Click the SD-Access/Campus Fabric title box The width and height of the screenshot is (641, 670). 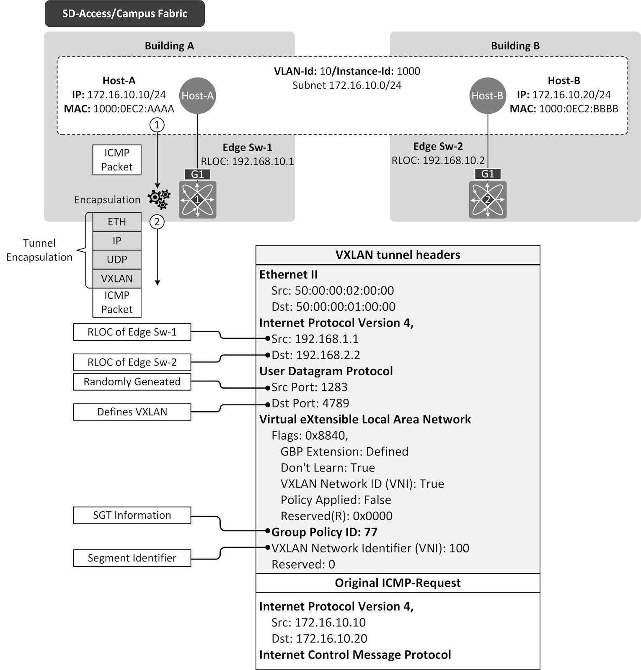tap(124, 14)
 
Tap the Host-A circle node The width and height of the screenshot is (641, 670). tap(197, 95)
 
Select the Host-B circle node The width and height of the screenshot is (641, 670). tap(487, 95)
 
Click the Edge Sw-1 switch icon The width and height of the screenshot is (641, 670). tap(197, 199)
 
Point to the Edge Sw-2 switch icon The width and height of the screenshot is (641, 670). tap(488, 199)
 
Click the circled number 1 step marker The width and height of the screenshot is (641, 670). tap(157, 124)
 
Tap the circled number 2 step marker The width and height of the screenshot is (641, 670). tap(157, 222)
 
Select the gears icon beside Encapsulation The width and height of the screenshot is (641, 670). tap(159, 199)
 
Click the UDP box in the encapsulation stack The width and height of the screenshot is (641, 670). tap(117, 260)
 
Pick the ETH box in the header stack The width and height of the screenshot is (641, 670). tap(117, 222)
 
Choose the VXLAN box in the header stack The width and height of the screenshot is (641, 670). tap(117, 278)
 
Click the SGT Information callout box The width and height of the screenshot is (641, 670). tap(132, 515)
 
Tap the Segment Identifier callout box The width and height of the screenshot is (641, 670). tap(132, 558)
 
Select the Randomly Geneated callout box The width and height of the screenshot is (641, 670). tap(132, 382)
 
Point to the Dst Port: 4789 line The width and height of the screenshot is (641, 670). tap(310, 403)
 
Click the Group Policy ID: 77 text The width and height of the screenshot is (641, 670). tap(324, 532)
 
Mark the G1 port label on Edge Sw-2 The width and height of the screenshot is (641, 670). tap(488, 174)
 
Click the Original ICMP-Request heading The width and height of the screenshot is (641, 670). tap(398, 583)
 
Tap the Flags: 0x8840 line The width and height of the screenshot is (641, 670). tap(310, 435)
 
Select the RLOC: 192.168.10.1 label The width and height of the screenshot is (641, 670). tap(247, 161)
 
